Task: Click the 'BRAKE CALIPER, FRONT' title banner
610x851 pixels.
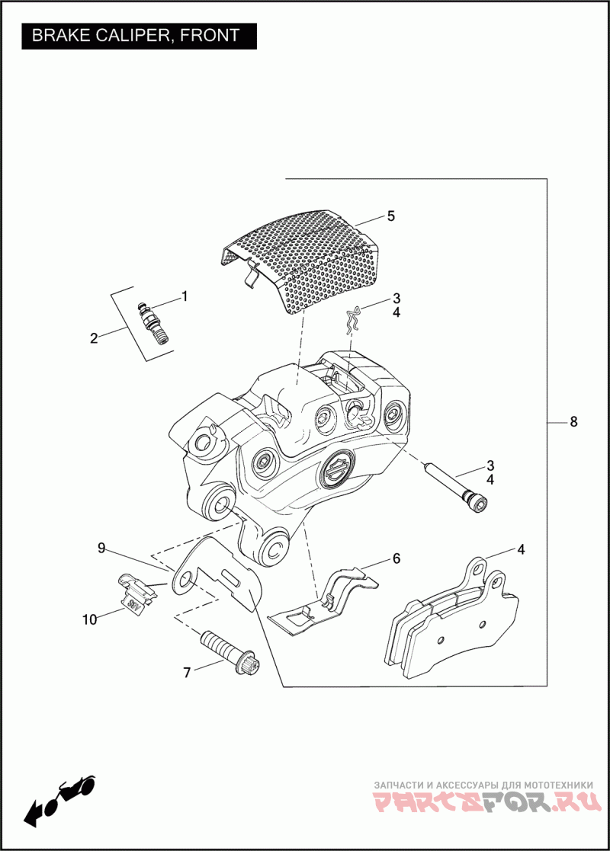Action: point(136,35)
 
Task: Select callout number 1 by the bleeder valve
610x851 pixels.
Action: point(184,296)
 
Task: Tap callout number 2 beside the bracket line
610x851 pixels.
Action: point(94,338)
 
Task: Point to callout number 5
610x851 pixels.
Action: point(390,216)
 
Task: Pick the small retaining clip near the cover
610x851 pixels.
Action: point(352,321)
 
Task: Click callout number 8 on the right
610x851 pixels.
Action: point(573,422)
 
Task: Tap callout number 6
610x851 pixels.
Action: point(396,558)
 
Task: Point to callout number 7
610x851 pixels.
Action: point(186,672)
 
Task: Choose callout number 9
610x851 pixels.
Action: point(101,547)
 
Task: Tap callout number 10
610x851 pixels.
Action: point(90,619)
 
